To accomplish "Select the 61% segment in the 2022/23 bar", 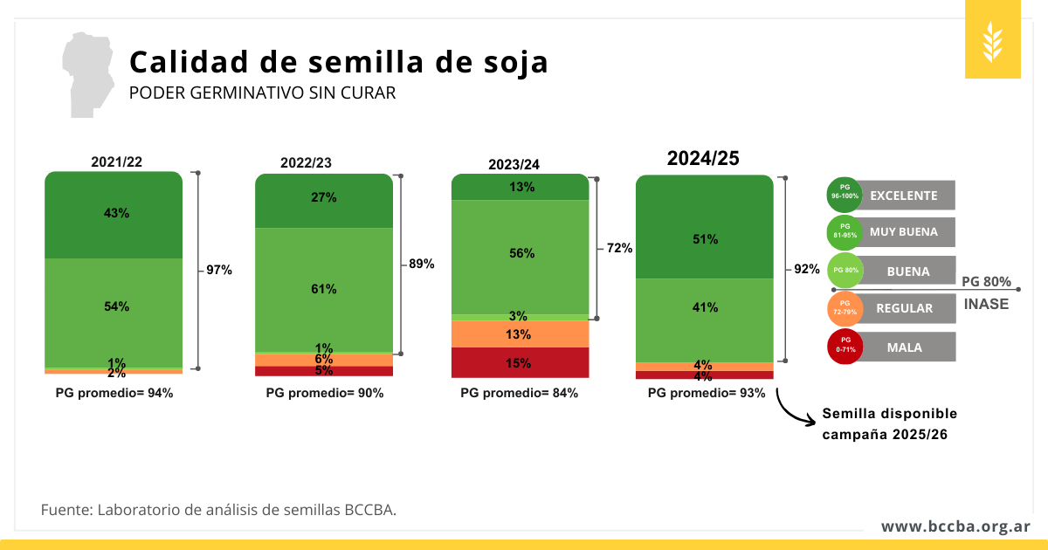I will (x=324, y=289).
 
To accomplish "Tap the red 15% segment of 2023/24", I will (x=520, y=363).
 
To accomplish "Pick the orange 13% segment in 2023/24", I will (x=520, y=334).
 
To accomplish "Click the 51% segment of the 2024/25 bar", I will (x=705, y=238).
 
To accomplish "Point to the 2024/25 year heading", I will (x=703, y=158).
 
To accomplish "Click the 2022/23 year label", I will (x=306, y=162).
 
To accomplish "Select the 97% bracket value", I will (x=219, y=271).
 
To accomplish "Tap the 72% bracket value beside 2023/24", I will (x=619, y=248).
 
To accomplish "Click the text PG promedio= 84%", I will (x=519, y=393).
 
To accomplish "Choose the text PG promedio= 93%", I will (x=706, y=393).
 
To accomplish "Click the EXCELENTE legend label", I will (x=904, y=196).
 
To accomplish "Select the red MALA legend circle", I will (x=845, y=347).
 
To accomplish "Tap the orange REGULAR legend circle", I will (x=845, y=308).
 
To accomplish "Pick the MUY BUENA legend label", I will (x=904, y=232).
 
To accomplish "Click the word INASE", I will (x=986, y=304).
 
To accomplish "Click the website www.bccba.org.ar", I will (x=955, y=526).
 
